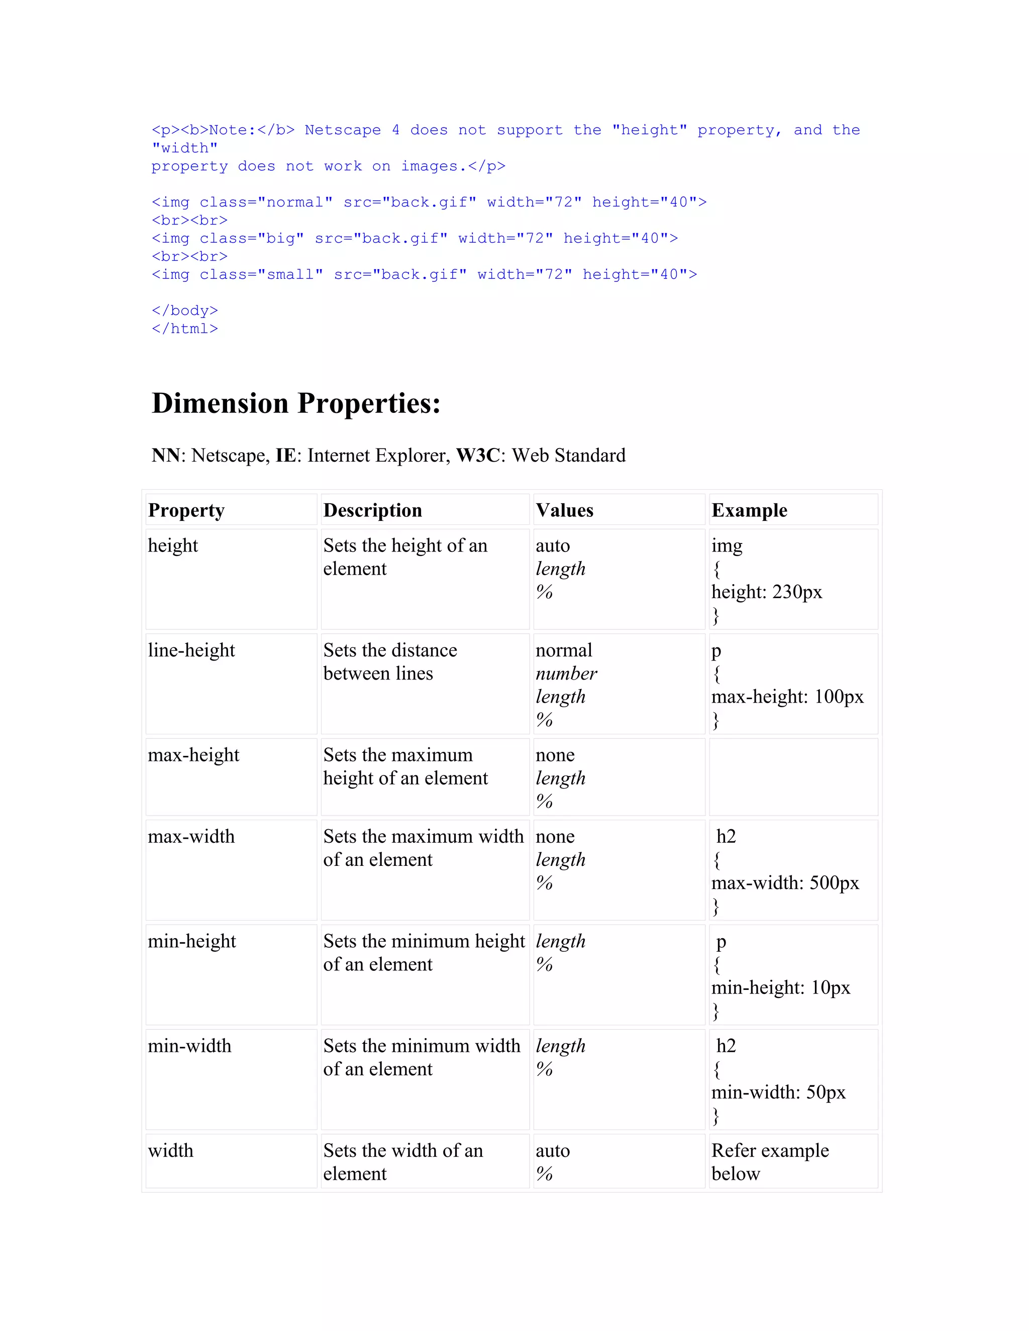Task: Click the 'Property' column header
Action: (x=186, y=510)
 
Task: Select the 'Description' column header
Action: (x=372, y=510)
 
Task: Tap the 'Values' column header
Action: (x=564, y=510)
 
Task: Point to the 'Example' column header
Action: (x=749, y=510)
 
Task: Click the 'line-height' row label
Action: (x=191, y=650)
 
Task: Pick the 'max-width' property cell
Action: (x=191, y=837)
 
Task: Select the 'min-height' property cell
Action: (x=191, y=942)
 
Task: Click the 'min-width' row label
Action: (x=189, y=1046)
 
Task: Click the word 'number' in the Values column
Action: (x=566, y=674)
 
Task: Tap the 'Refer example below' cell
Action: (x=769, y=1162)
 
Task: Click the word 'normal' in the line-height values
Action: (x=564, y=650)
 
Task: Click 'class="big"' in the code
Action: (x=252, y=238)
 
